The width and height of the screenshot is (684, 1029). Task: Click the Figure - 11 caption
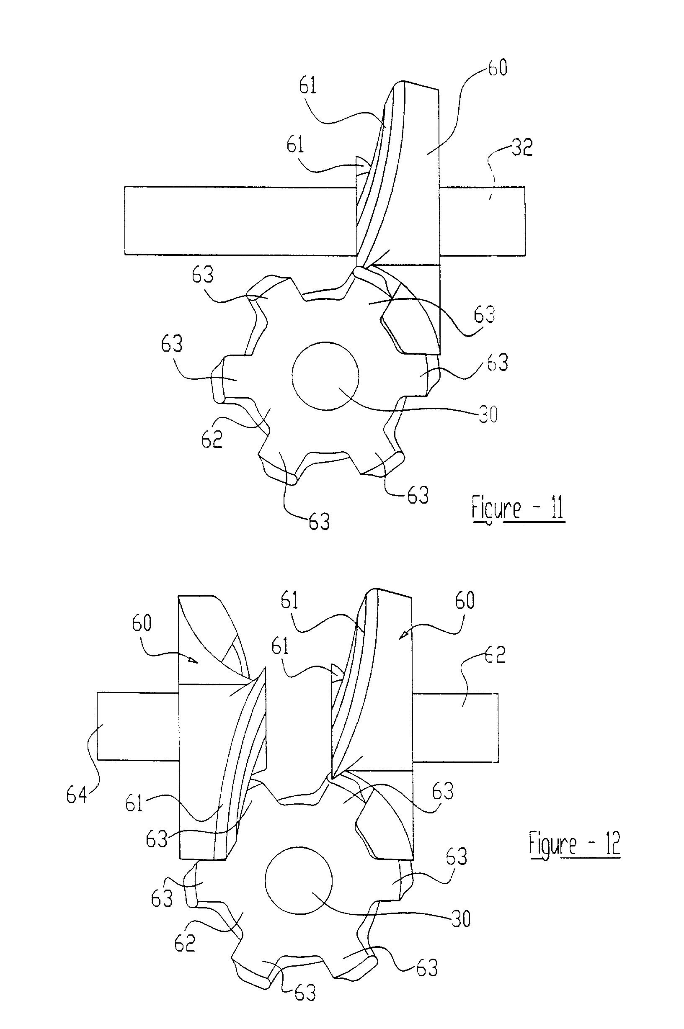518,508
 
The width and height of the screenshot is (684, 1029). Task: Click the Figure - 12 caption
575,844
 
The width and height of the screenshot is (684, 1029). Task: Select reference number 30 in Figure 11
488,414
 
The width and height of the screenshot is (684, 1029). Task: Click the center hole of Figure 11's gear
325,376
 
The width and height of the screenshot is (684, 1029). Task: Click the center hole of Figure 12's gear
299,880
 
